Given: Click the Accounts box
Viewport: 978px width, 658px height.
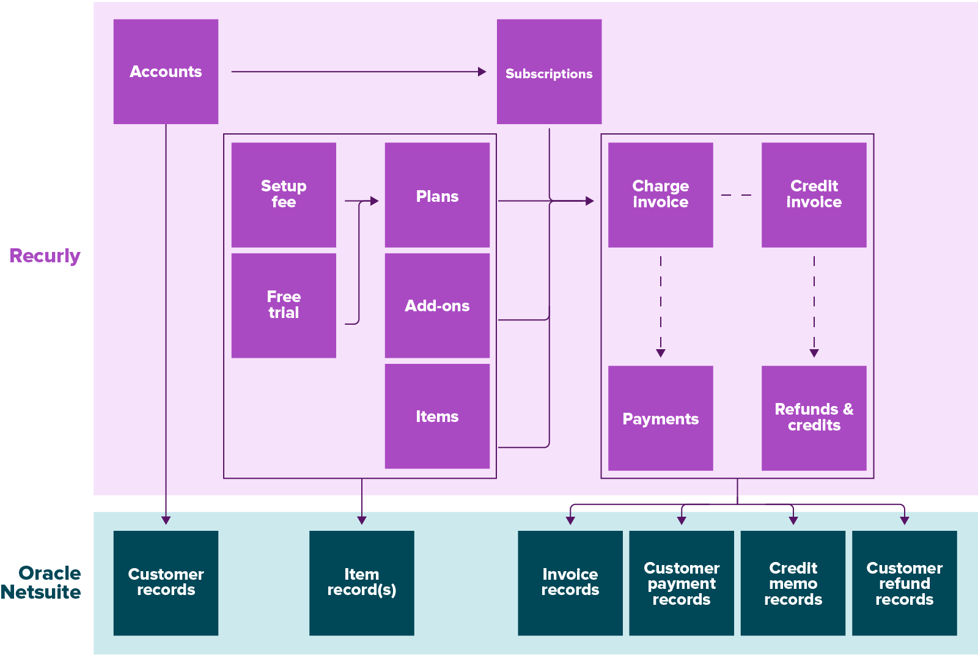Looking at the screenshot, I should click(166, 72).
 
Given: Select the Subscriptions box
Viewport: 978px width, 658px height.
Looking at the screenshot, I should click(549, 72).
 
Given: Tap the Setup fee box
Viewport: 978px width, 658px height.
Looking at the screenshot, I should click(284, 194).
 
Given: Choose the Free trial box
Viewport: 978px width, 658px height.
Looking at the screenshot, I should click(284, 305).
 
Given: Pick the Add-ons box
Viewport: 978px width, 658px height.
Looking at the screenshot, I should click(437, 305).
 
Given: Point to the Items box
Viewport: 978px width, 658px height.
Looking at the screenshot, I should click(437, 416).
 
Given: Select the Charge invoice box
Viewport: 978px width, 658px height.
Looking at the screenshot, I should click(660, 194).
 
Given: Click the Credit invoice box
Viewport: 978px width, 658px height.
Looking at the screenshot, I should click(814, 194).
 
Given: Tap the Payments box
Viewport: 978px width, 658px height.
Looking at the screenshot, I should click(660, 418).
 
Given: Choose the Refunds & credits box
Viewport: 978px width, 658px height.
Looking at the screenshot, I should click(814, 418).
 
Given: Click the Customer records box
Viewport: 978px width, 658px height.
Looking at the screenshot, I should click(166, 583).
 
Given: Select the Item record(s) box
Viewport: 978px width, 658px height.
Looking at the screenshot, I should click(361, 583).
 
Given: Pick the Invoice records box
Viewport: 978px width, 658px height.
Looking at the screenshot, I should click(570, 583).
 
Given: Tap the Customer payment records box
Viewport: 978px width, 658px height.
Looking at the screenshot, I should click(681, 583).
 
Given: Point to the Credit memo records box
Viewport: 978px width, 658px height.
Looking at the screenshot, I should click(793, 583).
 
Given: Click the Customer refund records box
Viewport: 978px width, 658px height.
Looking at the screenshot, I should click(904, 583).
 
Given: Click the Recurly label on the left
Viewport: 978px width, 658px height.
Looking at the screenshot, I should click(45, 256).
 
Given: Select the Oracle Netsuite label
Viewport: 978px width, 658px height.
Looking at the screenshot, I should click(42, 583).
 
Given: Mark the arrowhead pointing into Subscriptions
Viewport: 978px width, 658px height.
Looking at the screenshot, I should click(482, 72).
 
